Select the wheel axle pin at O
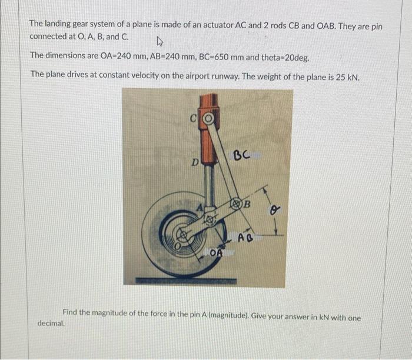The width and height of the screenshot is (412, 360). (x=183, y=235)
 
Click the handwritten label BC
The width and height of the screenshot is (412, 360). (x=242, y=156)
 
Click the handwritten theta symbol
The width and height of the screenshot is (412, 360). (x=273, y=209)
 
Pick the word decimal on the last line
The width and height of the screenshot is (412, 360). (x=51, y=323)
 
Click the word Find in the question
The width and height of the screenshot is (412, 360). (x=72, y=312)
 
